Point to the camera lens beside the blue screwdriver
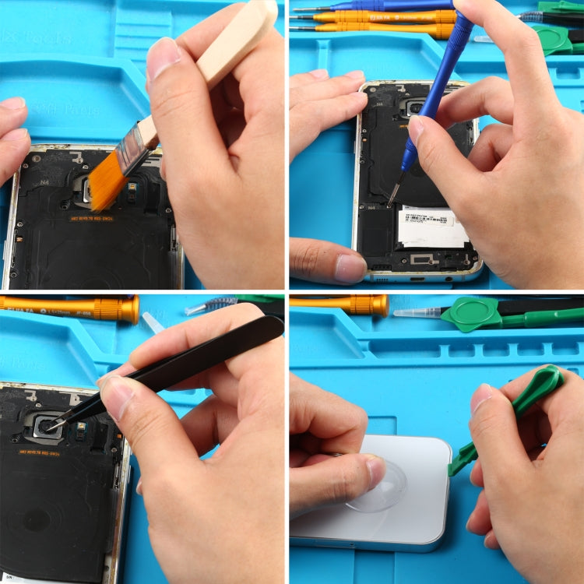click(414, 108)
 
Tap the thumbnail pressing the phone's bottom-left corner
click(350, 268)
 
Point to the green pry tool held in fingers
click(529, 397)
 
